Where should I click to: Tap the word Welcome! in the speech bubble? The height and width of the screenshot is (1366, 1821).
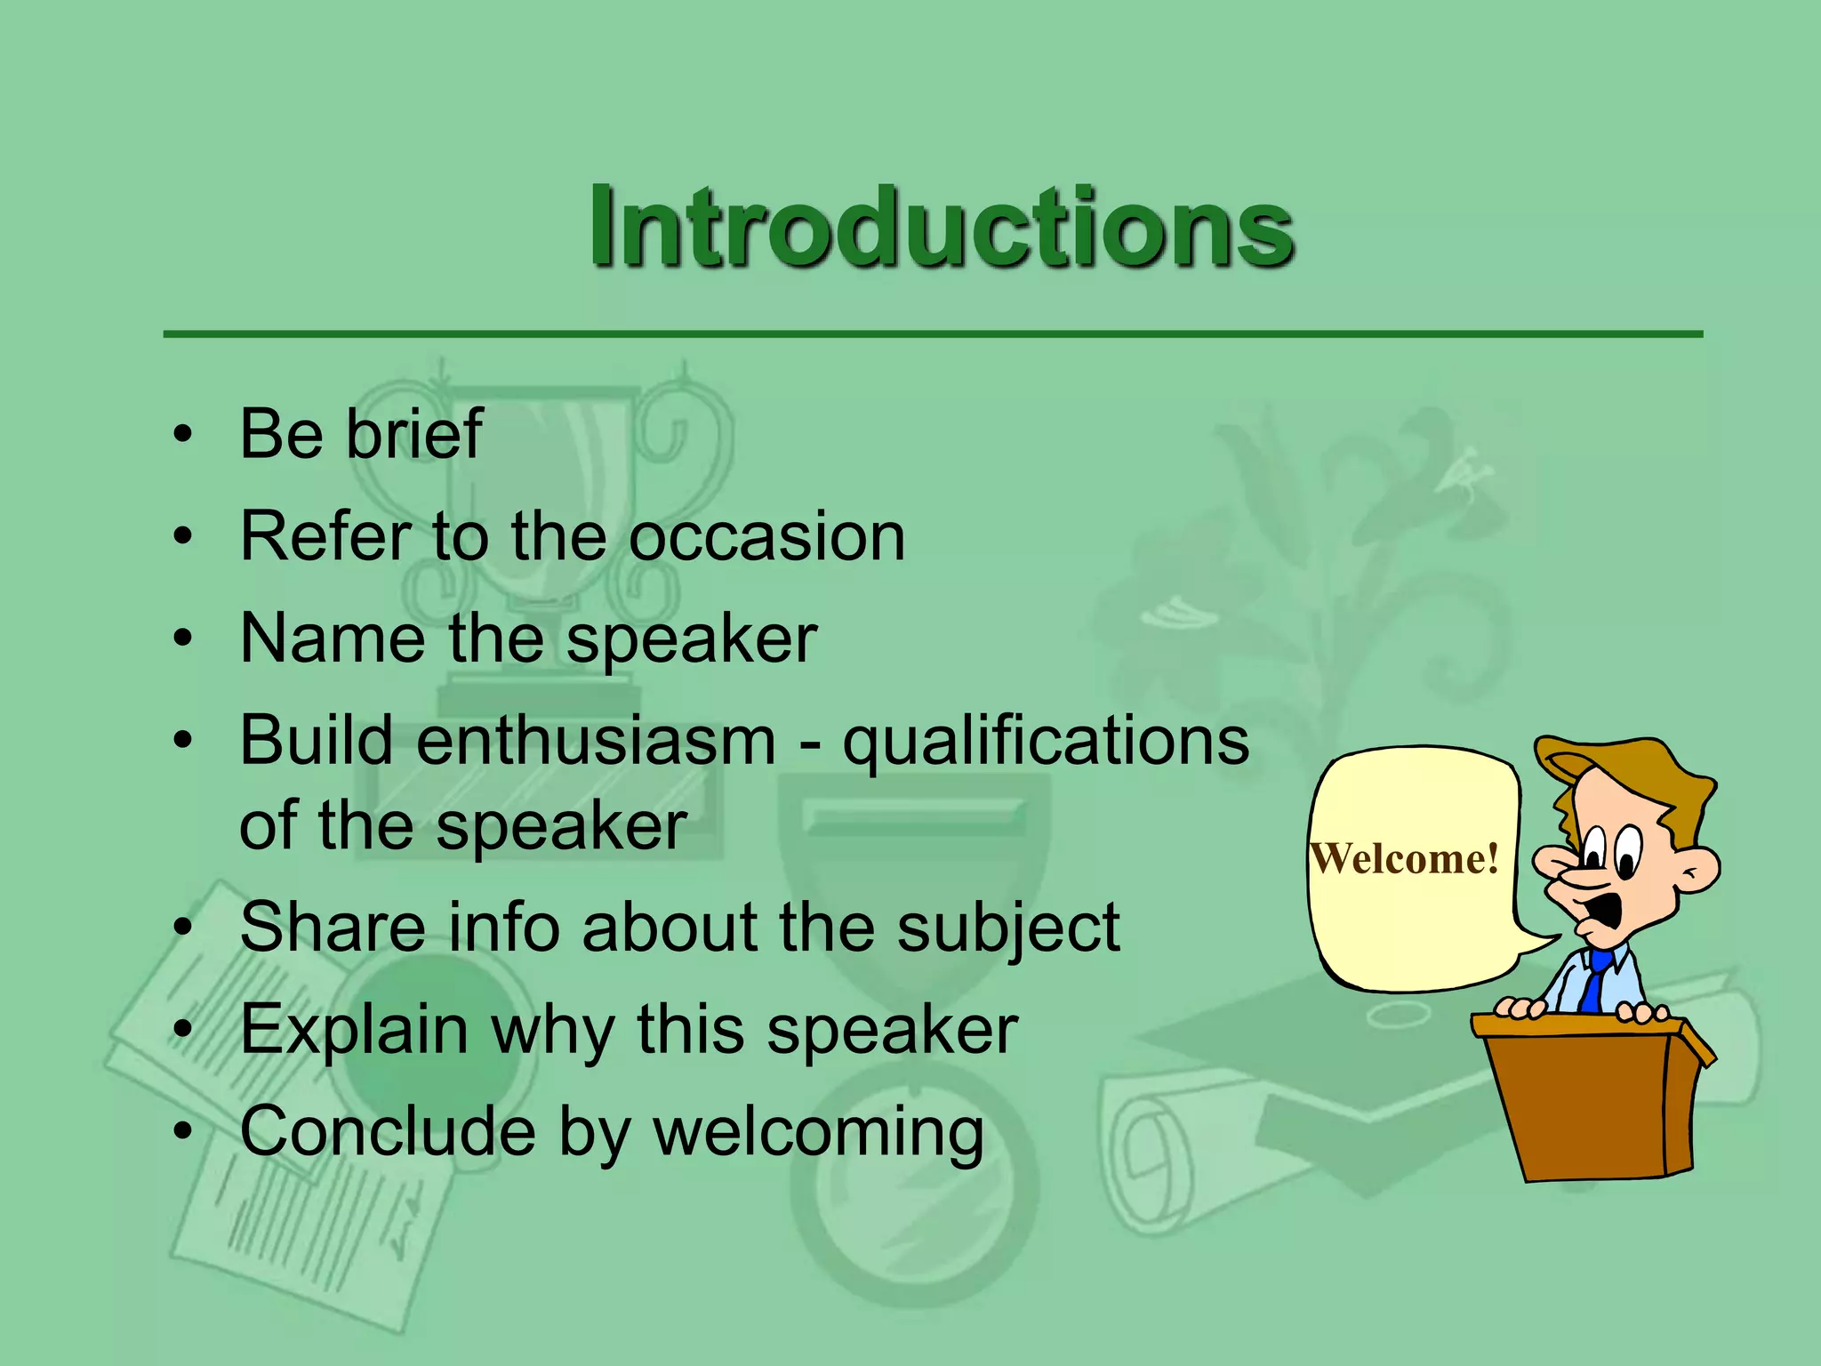(x=1405, y=859)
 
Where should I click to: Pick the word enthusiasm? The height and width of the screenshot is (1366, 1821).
(x=596, y=741)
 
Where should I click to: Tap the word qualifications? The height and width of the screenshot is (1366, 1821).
(x=1046, y=743)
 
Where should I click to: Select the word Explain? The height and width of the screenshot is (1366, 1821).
(x=354, y=1031)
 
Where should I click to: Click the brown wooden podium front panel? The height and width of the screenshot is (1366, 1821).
(x=1578, y=1107)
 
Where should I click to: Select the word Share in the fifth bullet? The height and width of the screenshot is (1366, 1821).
(x=333, y=928)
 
